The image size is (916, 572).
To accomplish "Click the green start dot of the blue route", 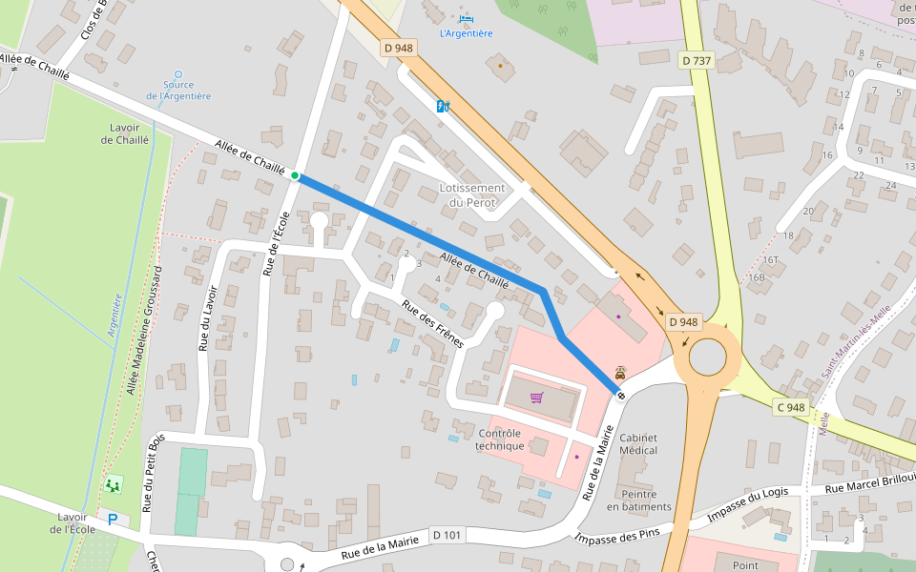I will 295,175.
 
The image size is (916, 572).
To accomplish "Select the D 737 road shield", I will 697,60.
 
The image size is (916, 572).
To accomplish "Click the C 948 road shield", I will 790,407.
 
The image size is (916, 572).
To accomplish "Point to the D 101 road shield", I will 447,535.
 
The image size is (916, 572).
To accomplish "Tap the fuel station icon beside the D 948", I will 443,106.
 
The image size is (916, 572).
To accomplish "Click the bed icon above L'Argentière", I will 466,18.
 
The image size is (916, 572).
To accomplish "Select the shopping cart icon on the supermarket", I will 536,397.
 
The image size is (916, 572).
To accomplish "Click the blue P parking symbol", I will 113,520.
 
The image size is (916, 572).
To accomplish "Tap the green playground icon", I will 114,485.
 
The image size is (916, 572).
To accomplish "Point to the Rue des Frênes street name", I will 432,324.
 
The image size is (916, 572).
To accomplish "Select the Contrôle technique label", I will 500,439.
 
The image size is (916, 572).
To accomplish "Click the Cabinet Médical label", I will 638,443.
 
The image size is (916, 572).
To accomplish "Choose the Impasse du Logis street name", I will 748,506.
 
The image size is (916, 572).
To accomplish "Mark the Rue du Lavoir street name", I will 208,318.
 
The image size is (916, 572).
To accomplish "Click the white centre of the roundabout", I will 707,358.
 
